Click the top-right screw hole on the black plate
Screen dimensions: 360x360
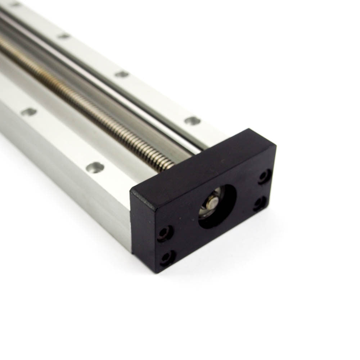(265, 177)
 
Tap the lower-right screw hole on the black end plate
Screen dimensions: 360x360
(260, 204)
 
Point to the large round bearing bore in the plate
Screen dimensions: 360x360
(217, 206)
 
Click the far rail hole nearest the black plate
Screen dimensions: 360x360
(193, 121)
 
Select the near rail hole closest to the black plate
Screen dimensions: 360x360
(95, 167)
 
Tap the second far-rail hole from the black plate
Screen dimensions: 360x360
(122, 74)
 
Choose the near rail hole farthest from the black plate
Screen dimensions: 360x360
(29, 112)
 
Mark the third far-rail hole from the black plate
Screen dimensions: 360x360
(64, 36)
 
